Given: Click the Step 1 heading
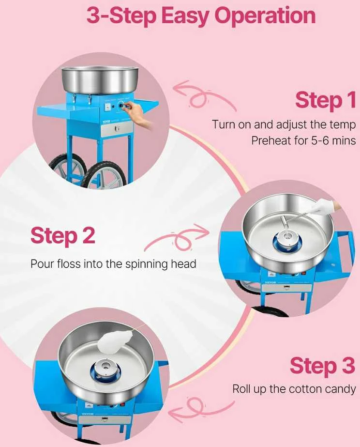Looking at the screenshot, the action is [326, 100].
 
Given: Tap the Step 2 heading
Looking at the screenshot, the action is [62, 236].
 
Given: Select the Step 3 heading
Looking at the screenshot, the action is [323, 366].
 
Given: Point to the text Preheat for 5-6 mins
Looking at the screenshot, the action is [303, 140].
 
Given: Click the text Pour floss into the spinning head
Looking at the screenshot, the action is [113, 264].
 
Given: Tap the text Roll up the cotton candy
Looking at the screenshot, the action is [294, 389].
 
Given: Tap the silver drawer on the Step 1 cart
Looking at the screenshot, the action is [117, 129].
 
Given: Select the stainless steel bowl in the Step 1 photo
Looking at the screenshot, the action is [101, 80].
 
